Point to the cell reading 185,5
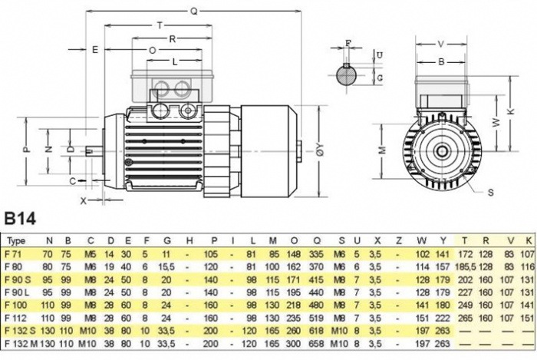[466, 265]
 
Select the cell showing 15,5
[165, 265]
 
